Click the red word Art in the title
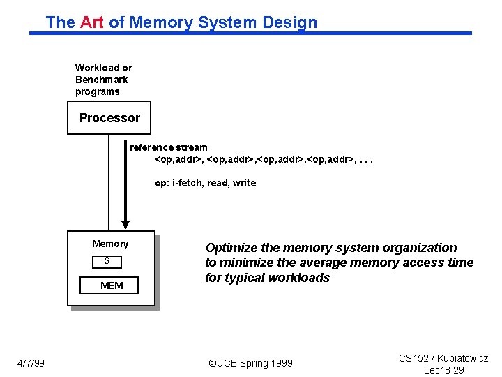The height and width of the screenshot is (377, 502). coord(91,22)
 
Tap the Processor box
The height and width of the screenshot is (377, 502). coord(109,118)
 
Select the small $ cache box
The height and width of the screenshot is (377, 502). coord(107,261)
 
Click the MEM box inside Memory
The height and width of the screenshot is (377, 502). coord(112,286)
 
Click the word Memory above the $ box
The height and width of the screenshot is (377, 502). coord(110,244)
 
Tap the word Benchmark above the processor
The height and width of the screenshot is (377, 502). coord(102,80)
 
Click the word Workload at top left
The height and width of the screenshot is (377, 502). coord(97,68)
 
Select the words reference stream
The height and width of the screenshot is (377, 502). coord(169,147)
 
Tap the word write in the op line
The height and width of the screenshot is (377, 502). coord(244,183)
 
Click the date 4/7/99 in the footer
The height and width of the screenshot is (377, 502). coord(31,363)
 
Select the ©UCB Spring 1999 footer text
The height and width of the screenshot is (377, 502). coord(251,363)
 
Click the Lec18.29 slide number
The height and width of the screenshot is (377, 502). coord(444,370)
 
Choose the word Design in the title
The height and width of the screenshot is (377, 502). coord(289,22)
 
